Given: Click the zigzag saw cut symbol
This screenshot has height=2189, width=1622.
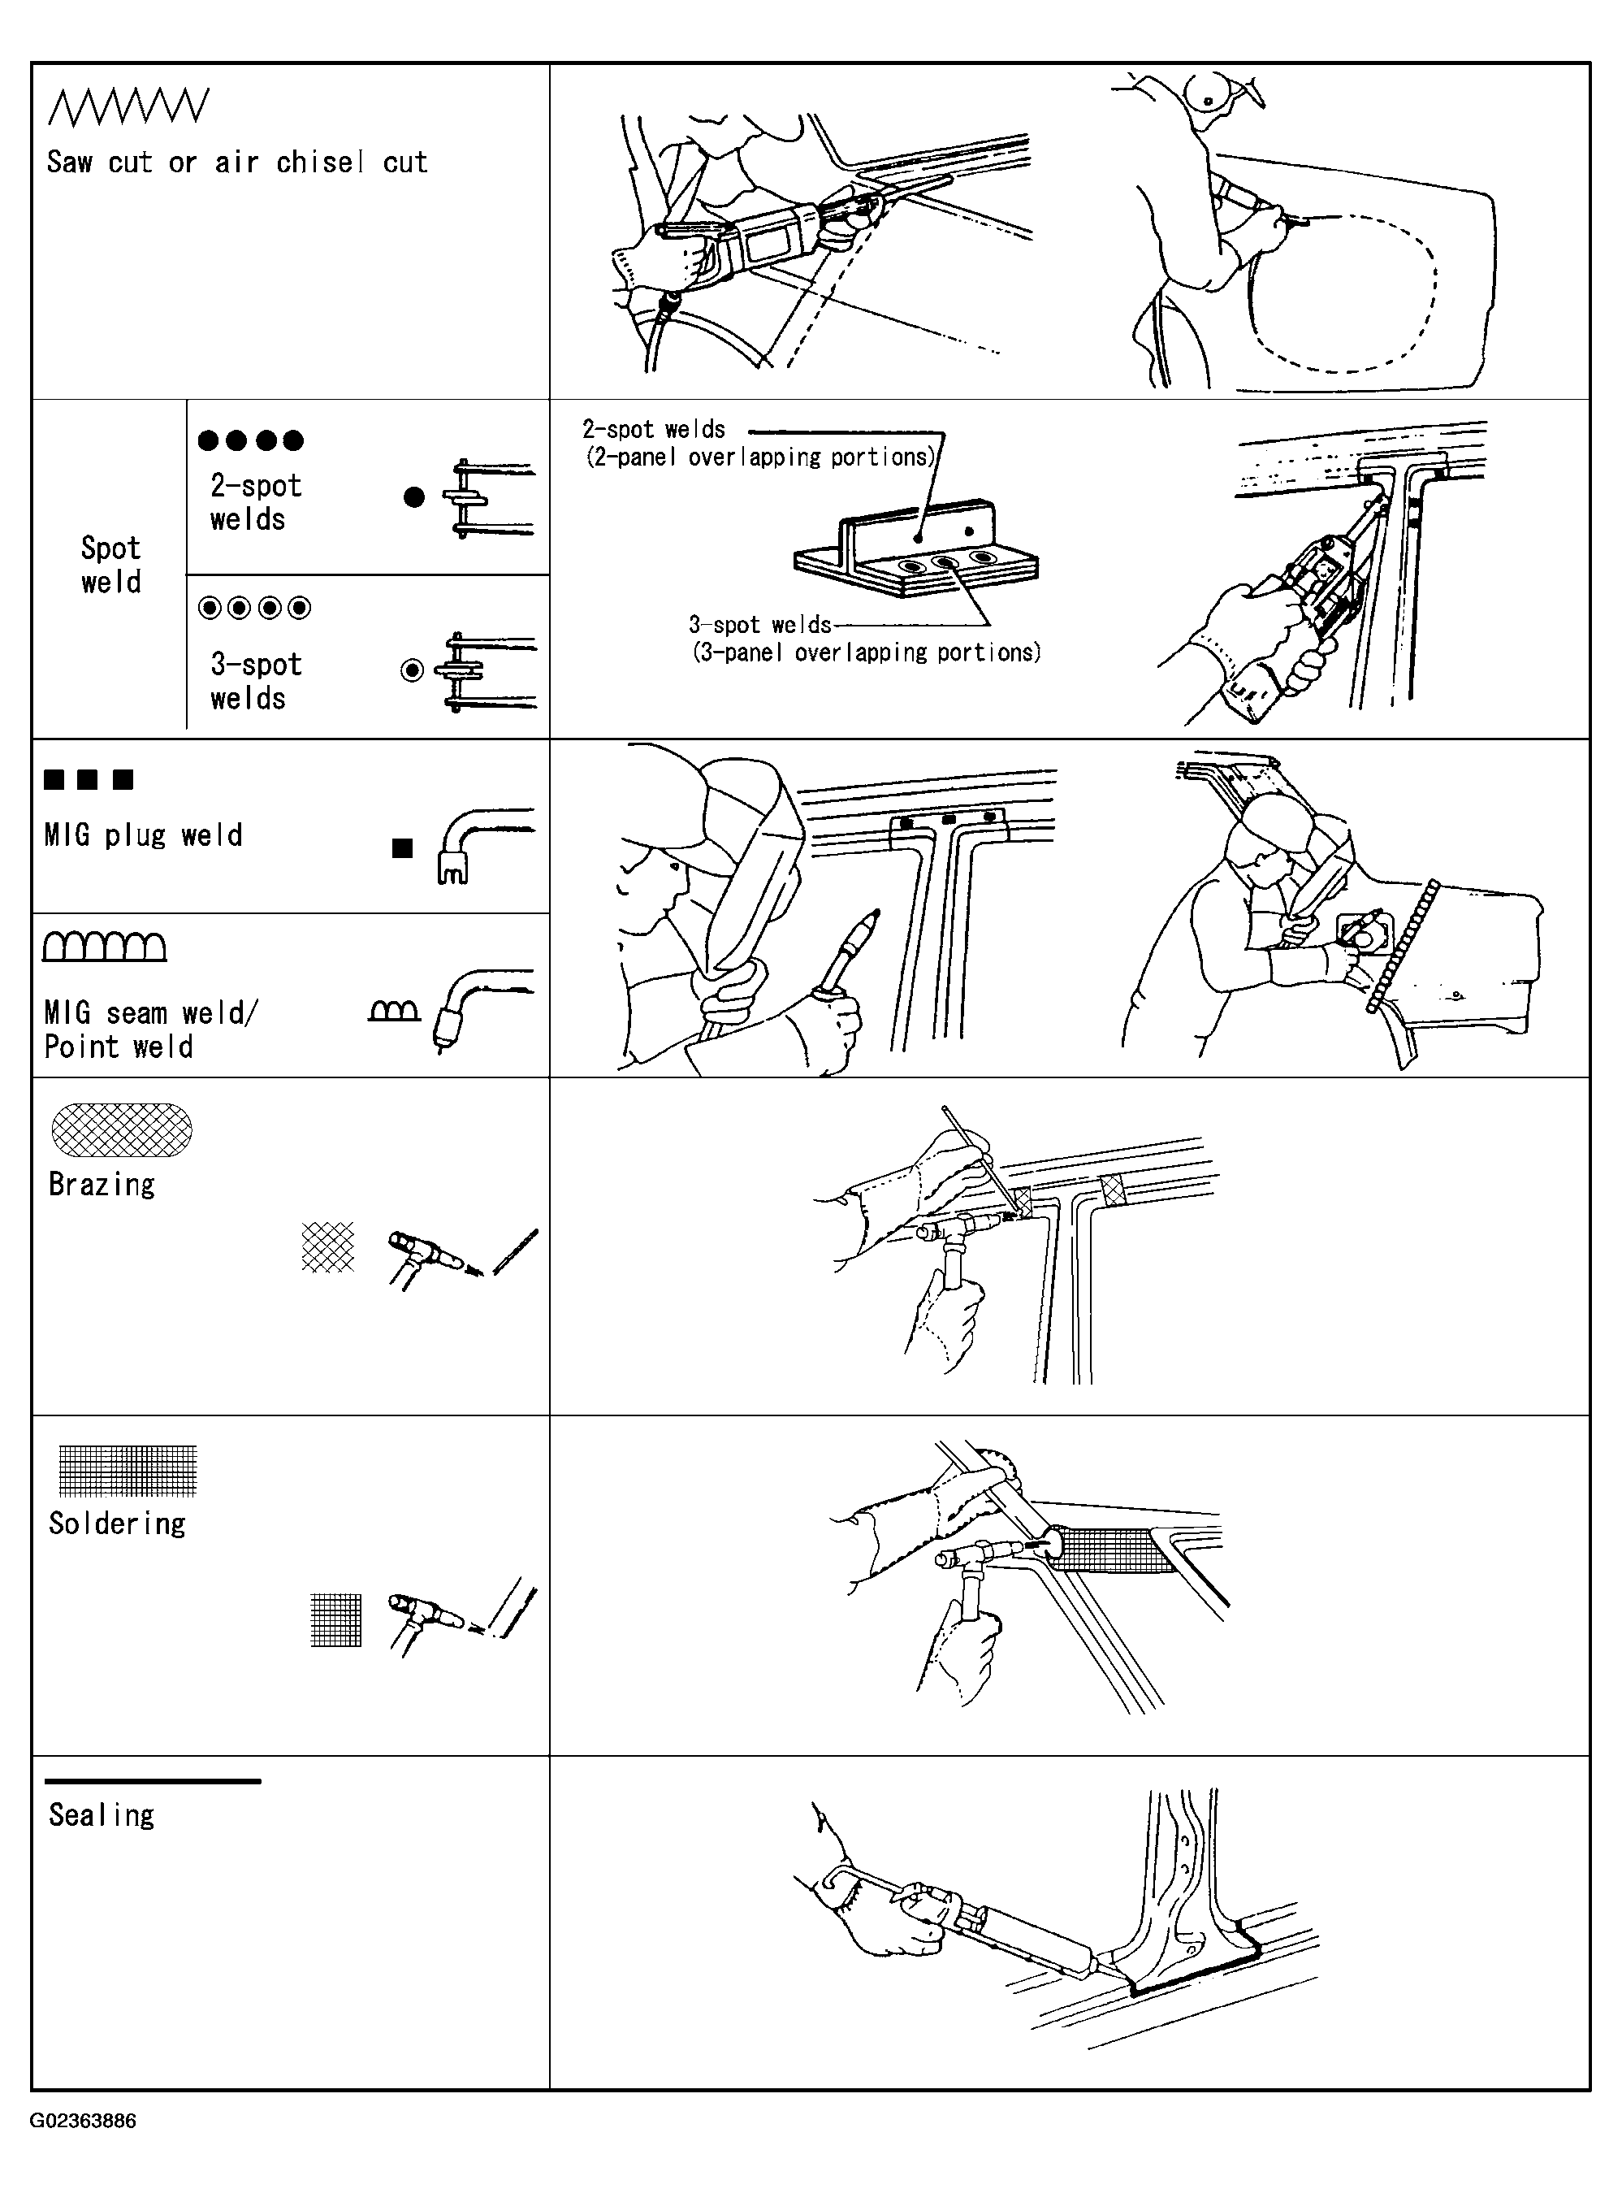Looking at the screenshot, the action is pyautogui.click(x=128, y=107).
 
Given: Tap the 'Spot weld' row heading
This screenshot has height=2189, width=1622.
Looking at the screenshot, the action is pyautogui.click(x=111, y=565).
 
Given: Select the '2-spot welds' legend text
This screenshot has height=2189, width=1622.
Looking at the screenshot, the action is pyautogui.click(x=255, y=502).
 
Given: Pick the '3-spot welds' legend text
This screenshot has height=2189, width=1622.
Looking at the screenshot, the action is pyautogui.click(x=255, y=681).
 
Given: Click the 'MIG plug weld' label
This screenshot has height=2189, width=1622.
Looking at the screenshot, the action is pyautogui.click(x=143, y=834).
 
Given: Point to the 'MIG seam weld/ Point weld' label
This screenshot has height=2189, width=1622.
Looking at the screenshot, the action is pyautogui.click(x=150, y=1029).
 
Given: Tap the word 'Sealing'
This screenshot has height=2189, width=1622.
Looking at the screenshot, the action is pyautogui.click(x=102, y=1815).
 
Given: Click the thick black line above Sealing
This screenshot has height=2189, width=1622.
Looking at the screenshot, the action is pyautogui.click(x=154, y=1780).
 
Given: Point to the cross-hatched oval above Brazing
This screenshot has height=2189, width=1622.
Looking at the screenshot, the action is pyautogui.click(x=122, y=1129).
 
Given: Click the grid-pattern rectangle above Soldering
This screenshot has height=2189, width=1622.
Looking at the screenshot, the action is pyautogui.click(x=128, y=1470).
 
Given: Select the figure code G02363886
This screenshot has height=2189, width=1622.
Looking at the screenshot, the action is pyautogui.click(x=84, y=2120).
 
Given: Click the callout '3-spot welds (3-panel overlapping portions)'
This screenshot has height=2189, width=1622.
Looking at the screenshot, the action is pyautogui.click(x=865, y=639).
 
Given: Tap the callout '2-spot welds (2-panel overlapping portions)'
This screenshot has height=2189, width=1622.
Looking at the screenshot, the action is pyautogui.click(x=758, y=443).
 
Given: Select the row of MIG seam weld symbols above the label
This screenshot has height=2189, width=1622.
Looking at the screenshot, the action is pyautogui.click(x=104, y=946).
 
